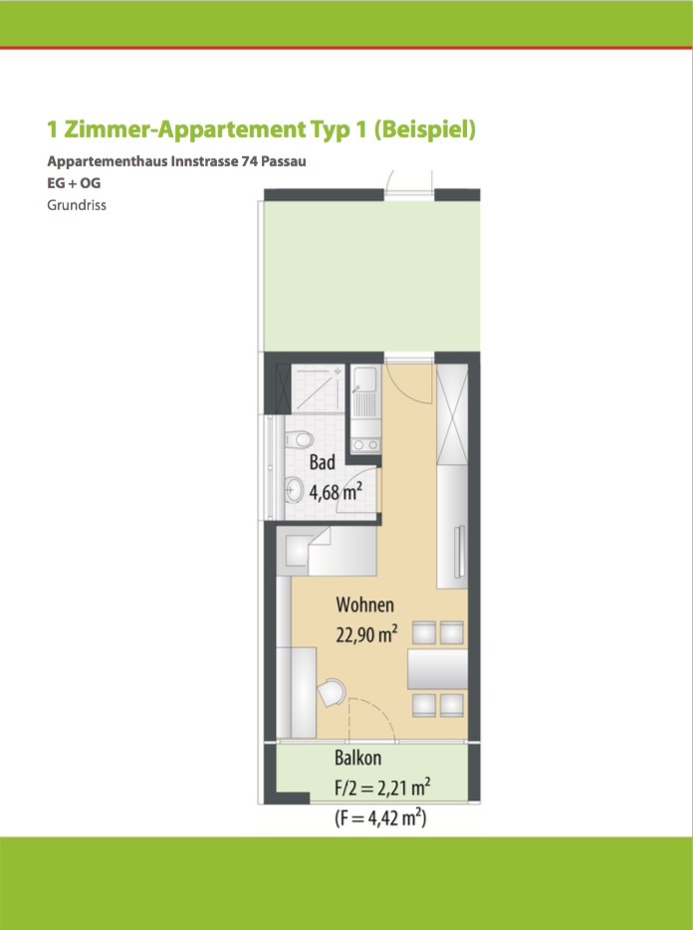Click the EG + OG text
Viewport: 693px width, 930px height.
pyautogui.click(x=74, y=185)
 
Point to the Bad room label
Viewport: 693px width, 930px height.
pyautogui.click(x=322, y=463)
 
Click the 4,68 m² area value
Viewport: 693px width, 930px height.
pyautogui.click(x=335, y=490)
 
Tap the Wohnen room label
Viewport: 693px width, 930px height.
pyautogui.click(x=365, y=604)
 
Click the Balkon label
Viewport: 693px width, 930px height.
pyautogui.click(x=357, y=759)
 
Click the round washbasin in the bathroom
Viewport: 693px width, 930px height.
pyautogui.click(x=296, y=489)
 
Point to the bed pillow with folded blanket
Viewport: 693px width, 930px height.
pyautogui.click(x=301, y=549)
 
